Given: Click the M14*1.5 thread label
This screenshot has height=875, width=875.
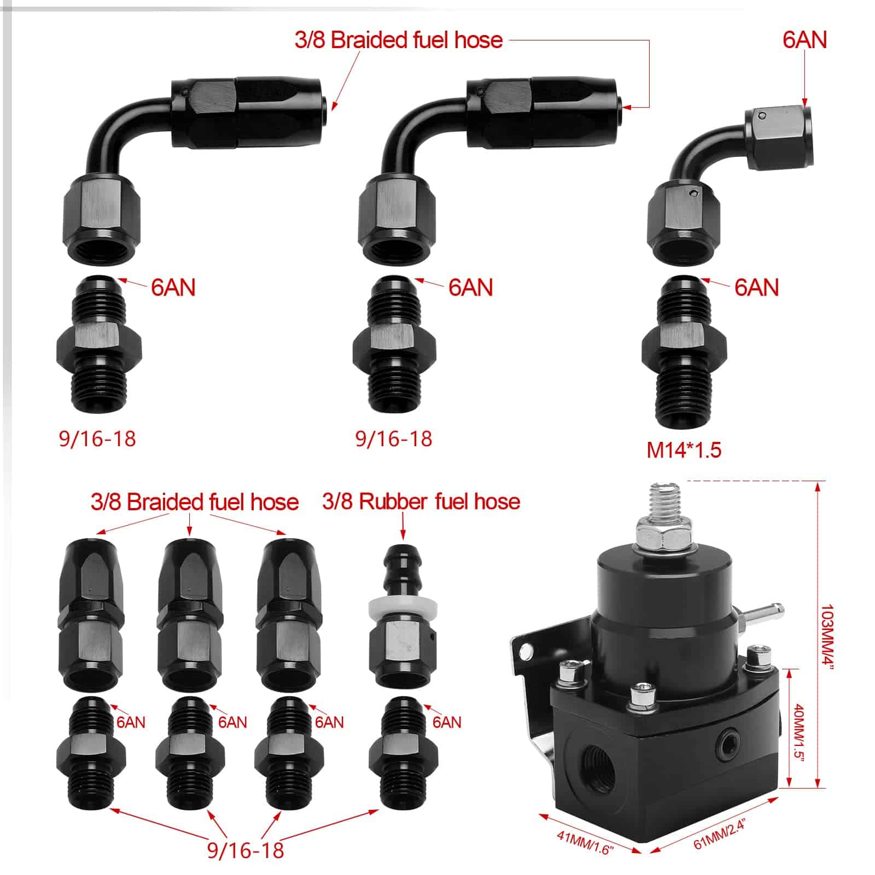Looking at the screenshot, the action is (684, 450).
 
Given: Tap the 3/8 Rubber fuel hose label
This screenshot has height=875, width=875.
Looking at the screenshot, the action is (421, 501).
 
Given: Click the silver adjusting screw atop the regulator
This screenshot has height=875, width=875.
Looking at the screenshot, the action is (663, 501).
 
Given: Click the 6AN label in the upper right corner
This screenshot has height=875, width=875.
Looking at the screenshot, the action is (804, 40).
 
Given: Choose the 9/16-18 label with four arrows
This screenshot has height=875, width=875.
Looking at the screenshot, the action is (246, 850).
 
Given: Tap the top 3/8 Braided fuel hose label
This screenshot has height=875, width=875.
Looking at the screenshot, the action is (398, 40).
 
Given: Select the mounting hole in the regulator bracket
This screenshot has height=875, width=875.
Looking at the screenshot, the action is (527, 651).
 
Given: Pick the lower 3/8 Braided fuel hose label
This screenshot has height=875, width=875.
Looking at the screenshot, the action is (195, 502).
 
